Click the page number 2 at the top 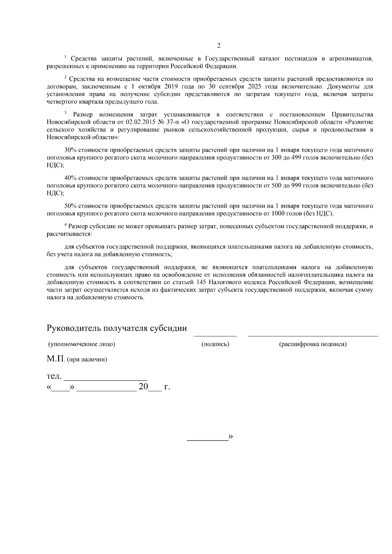click(x=219, y=45)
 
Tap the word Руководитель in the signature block click(x=74, y=328)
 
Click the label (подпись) click(x=215, y=344)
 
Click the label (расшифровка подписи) click(x=313, y=344)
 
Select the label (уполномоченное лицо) click(x=81, y=344)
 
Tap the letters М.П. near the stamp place click(x=56, y=359)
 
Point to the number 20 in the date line click(x=143, y=387)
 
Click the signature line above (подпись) click(x=215, y=336)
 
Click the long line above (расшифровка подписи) click(x=313, y=336)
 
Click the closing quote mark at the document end click(x=231, y=437)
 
